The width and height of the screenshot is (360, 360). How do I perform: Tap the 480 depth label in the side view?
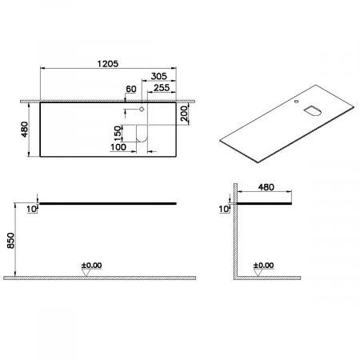[x=268, y=188]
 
